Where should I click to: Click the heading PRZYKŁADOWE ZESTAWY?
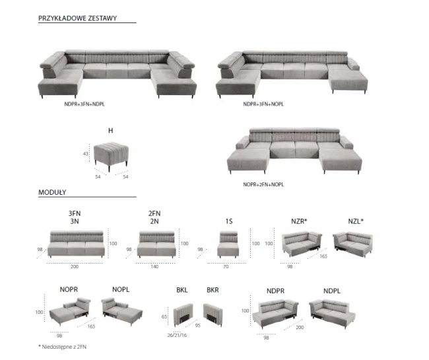(77, 18)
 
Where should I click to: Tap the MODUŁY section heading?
(52, 192)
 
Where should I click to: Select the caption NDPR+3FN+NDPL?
(84, 104)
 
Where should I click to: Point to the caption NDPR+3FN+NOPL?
(263, 104)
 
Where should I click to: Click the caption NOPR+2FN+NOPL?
(263, 184)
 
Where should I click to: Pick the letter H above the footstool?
(110, 131)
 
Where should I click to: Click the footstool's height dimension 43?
(86, 154)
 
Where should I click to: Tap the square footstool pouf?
(111, 156)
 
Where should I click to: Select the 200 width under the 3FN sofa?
(75, 267)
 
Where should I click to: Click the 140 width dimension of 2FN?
(154, 267)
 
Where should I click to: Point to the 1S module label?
(229, 221)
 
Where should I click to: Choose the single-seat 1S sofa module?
(228, 244)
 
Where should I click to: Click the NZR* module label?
(299, 221)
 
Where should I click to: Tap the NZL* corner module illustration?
(352, 244)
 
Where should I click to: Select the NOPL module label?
(121, 289)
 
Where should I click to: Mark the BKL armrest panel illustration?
(183, 314)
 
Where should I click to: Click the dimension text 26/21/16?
(177, 335)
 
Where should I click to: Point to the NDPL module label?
(332, 291)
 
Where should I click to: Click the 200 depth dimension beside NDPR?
(300, 328)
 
